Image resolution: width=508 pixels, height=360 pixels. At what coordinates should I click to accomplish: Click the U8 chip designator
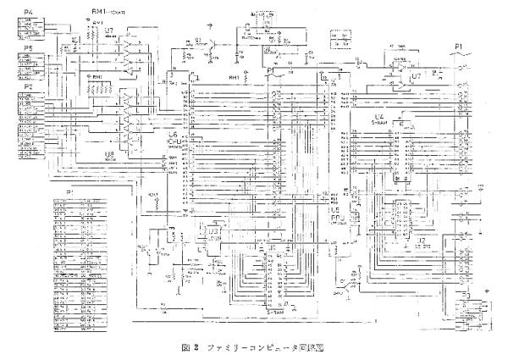[108, 155]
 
